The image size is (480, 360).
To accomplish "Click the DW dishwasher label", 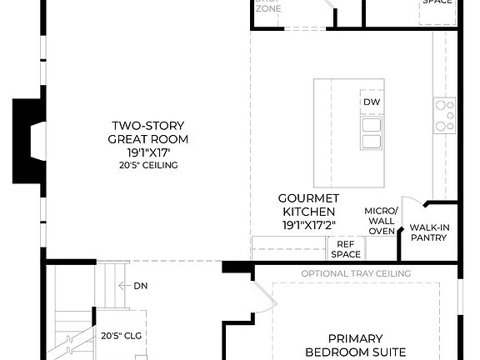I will (372, 102).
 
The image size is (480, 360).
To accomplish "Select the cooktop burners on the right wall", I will (444, 115).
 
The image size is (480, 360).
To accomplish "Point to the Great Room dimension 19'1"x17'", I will (148, 152).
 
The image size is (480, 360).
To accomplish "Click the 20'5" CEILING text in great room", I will (148, 165).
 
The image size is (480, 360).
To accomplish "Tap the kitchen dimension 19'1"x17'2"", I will (308, 224).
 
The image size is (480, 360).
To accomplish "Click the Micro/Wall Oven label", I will (382, 220).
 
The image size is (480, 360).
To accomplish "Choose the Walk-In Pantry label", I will (428, 232).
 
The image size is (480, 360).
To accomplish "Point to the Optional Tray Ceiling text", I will (356, 273).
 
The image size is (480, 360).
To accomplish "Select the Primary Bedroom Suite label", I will (355, 345).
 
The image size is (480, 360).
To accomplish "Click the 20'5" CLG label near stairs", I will (118, 337).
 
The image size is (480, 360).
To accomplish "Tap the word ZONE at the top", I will (267, 8).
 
